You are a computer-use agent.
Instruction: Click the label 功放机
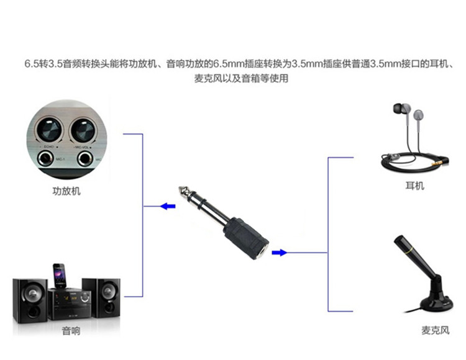coord(66,191)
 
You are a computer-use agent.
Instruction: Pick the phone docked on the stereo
coord(60,273)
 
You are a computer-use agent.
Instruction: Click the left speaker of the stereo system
coord(29,300)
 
